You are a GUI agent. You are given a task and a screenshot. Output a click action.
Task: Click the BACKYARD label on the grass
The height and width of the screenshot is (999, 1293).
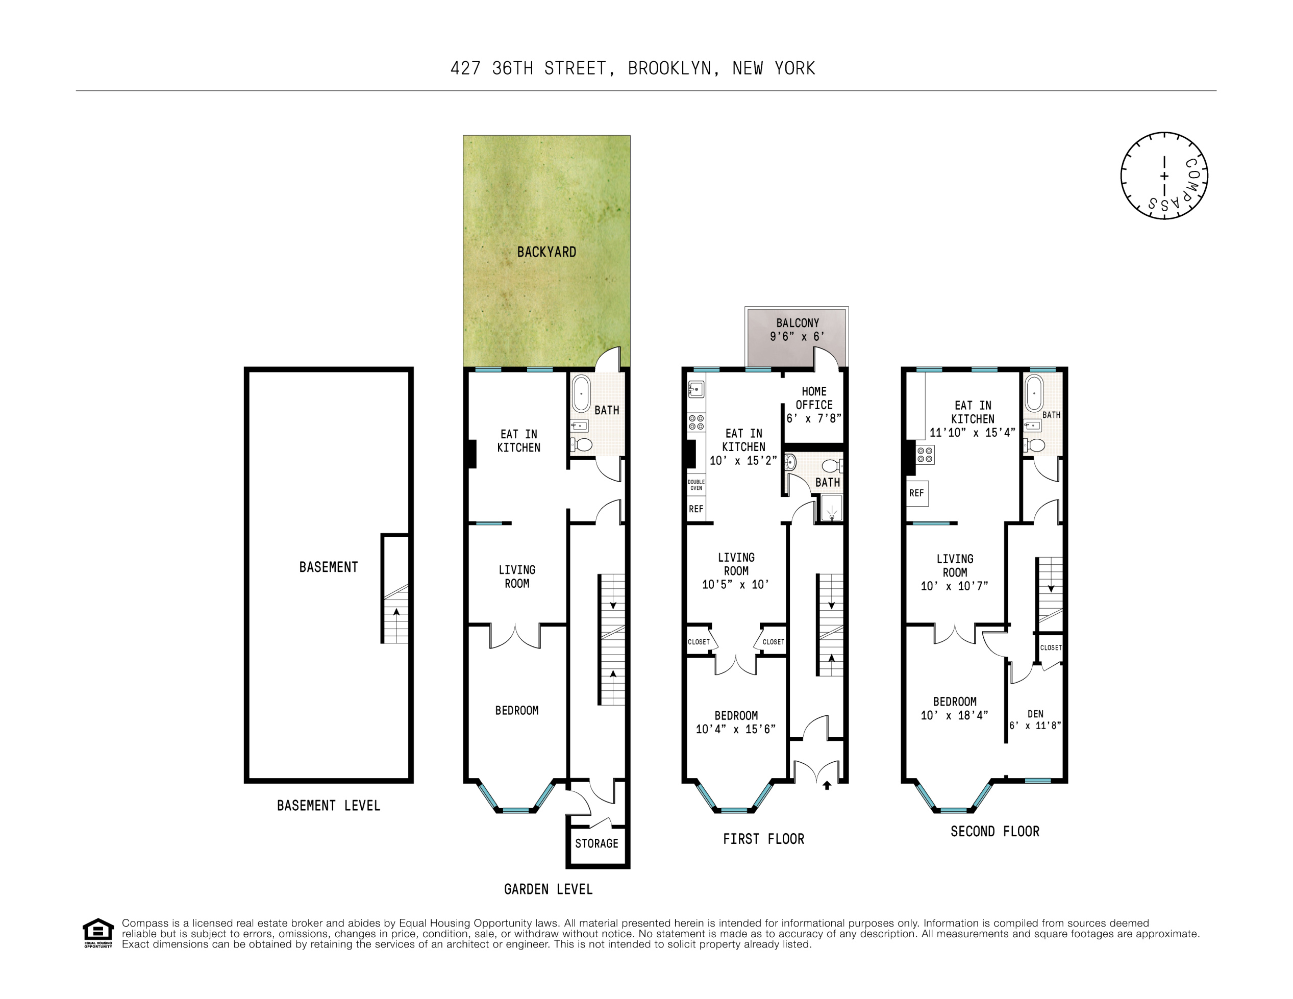[546, 252]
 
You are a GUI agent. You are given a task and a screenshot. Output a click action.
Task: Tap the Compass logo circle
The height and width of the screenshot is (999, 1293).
[1163, 176]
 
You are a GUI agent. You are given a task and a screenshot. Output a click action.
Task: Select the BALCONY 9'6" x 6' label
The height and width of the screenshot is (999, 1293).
[797, 330]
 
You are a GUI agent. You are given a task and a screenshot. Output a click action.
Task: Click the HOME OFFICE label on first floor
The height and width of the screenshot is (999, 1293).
[813, 405]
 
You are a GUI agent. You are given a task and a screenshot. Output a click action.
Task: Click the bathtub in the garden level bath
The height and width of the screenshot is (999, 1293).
[581, 393]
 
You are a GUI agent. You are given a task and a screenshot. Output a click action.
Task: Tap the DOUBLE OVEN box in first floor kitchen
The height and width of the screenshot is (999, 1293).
[695, 485]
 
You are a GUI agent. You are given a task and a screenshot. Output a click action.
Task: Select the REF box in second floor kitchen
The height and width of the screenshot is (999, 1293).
[916, 493]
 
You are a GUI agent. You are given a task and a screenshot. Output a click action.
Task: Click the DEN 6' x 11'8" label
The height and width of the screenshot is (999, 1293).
[1035, 720]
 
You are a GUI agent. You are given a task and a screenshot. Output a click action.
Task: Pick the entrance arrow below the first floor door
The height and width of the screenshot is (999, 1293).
[827, 785]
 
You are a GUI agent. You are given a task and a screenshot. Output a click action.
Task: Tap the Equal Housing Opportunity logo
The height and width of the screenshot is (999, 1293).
[97, 933]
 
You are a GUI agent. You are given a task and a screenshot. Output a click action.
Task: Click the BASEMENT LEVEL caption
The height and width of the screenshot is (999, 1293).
[328, 806]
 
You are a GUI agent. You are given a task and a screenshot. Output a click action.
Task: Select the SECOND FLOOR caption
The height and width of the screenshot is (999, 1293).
[994, 832]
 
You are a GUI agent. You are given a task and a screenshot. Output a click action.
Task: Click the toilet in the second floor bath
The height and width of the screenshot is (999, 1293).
[1035, 445]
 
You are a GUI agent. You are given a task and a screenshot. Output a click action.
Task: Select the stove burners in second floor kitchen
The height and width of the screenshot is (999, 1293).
[925, 455]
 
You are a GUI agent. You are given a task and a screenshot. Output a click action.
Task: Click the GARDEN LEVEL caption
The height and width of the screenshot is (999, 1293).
[548, 889]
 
